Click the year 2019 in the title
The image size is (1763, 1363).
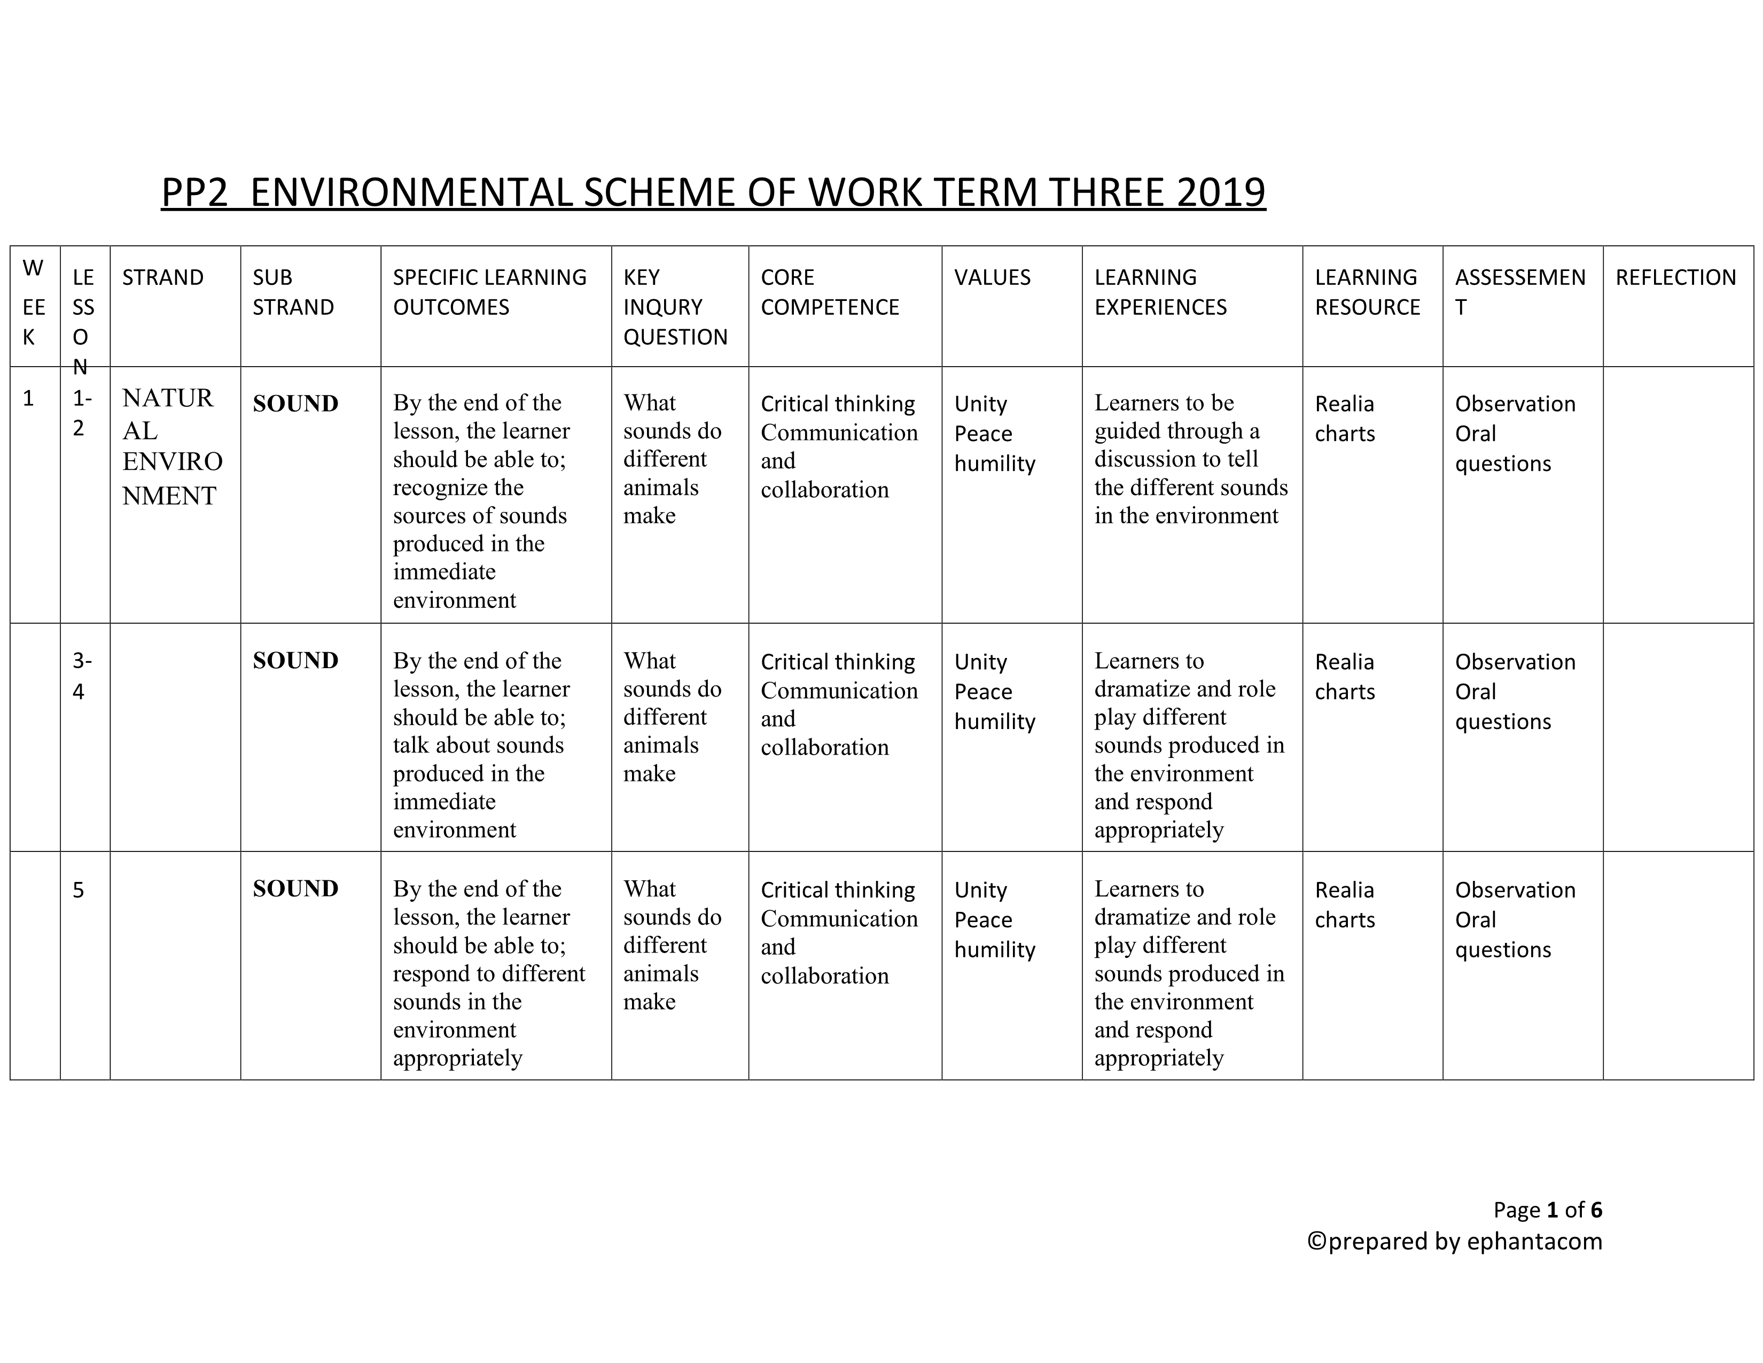click(1221, 193)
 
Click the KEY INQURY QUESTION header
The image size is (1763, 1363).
click(675, 307)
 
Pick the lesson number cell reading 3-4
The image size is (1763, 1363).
click(82, 676)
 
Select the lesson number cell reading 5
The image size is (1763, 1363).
click(79, 890)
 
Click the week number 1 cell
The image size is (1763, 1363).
click(29, 398)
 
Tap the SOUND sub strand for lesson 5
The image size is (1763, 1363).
click(295, 889)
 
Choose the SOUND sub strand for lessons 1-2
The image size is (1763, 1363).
click(295, 404)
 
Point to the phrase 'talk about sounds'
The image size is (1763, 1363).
click(478, 745)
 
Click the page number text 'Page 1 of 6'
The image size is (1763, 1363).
click(1547, 1210)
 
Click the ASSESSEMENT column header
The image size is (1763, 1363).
click(1519, 291)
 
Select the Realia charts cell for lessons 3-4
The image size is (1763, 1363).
click(1345, 677)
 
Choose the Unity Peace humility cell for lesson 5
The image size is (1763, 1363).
click(995, 920)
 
